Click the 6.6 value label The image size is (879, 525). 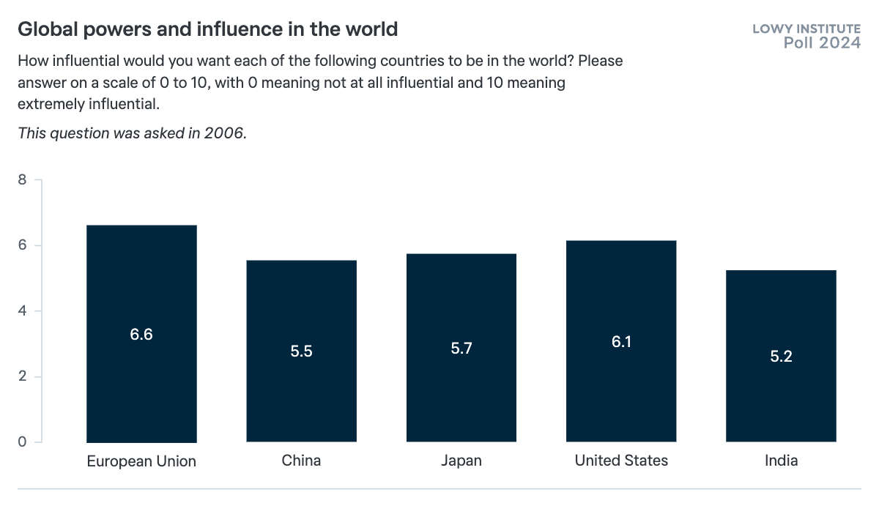click(x=141, y=335)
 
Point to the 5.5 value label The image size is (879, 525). click(x=301, y=351)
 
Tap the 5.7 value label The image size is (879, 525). click(x=461, y=349)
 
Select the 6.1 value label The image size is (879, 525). click(x=621, y=342)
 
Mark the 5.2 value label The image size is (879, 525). click(x=781, y=357)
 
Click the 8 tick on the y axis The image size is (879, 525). click(x=22, y=179)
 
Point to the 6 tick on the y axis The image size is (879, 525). click(x=22, y=245)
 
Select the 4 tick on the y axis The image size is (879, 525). click(x=22, y=311)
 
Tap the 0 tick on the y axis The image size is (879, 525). click(x=22, y=442)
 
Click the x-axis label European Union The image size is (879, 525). click(x=141, y=461)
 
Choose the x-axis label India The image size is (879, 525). click(x=781, y=461)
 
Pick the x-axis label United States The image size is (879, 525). click(x=621, y=461)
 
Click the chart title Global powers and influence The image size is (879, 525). click(x=207, y=29)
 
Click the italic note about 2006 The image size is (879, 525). click(x=132, y=133)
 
